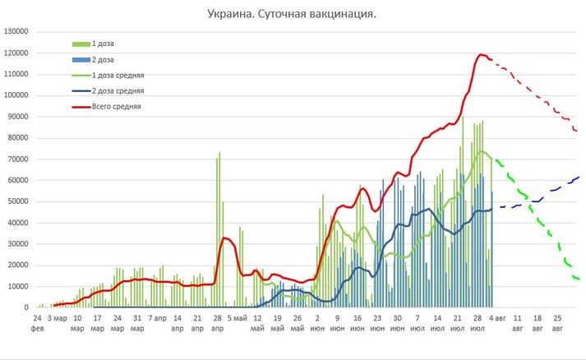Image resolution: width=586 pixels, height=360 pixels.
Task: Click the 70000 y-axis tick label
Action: tap(19, 159)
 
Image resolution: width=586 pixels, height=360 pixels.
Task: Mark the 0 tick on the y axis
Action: tap(27, 307)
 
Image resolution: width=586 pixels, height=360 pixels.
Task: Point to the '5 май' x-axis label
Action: tap(237, 316)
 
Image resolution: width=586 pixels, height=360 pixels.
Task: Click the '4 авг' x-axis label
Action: tap(496, 316)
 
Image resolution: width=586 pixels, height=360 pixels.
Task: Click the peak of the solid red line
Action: tap(482, 54)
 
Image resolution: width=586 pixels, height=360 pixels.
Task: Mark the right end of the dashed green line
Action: tap(579, 279)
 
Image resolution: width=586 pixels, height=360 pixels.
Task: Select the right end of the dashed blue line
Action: tap(579, 177)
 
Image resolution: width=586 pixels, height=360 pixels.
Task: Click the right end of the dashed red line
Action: tap(579, 132)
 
